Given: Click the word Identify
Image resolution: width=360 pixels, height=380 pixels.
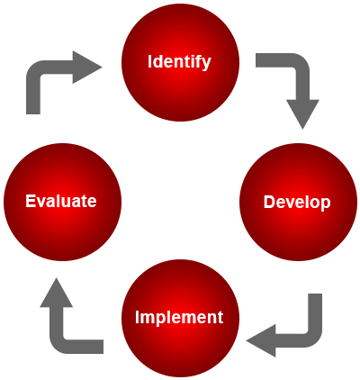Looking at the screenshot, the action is tap(179, 62).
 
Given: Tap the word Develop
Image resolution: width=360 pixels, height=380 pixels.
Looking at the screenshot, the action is tap(297, 202).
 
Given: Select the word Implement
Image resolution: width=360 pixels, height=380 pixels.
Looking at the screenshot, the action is tap(179, 317).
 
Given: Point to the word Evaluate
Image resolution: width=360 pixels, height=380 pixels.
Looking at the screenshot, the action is tap(61, 201).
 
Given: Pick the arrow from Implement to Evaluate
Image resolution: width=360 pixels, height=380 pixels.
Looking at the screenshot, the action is tap(58, 336).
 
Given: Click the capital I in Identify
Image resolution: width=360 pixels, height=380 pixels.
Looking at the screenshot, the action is tap(149, 61).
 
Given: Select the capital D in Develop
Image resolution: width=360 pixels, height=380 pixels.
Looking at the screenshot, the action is tap(269, 202).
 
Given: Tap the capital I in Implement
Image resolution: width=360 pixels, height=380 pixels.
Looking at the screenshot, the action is tap(137, 317).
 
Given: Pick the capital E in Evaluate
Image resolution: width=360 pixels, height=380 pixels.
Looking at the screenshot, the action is tap(30, 201).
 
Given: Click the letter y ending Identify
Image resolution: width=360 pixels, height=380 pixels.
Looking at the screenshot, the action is tap(207, 65).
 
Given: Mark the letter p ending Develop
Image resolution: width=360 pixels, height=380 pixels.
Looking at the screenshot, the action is tap(326, 205).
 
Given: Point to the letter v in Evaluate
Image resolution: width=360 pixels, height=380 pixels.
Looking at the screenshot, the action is tap(40, 203).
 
